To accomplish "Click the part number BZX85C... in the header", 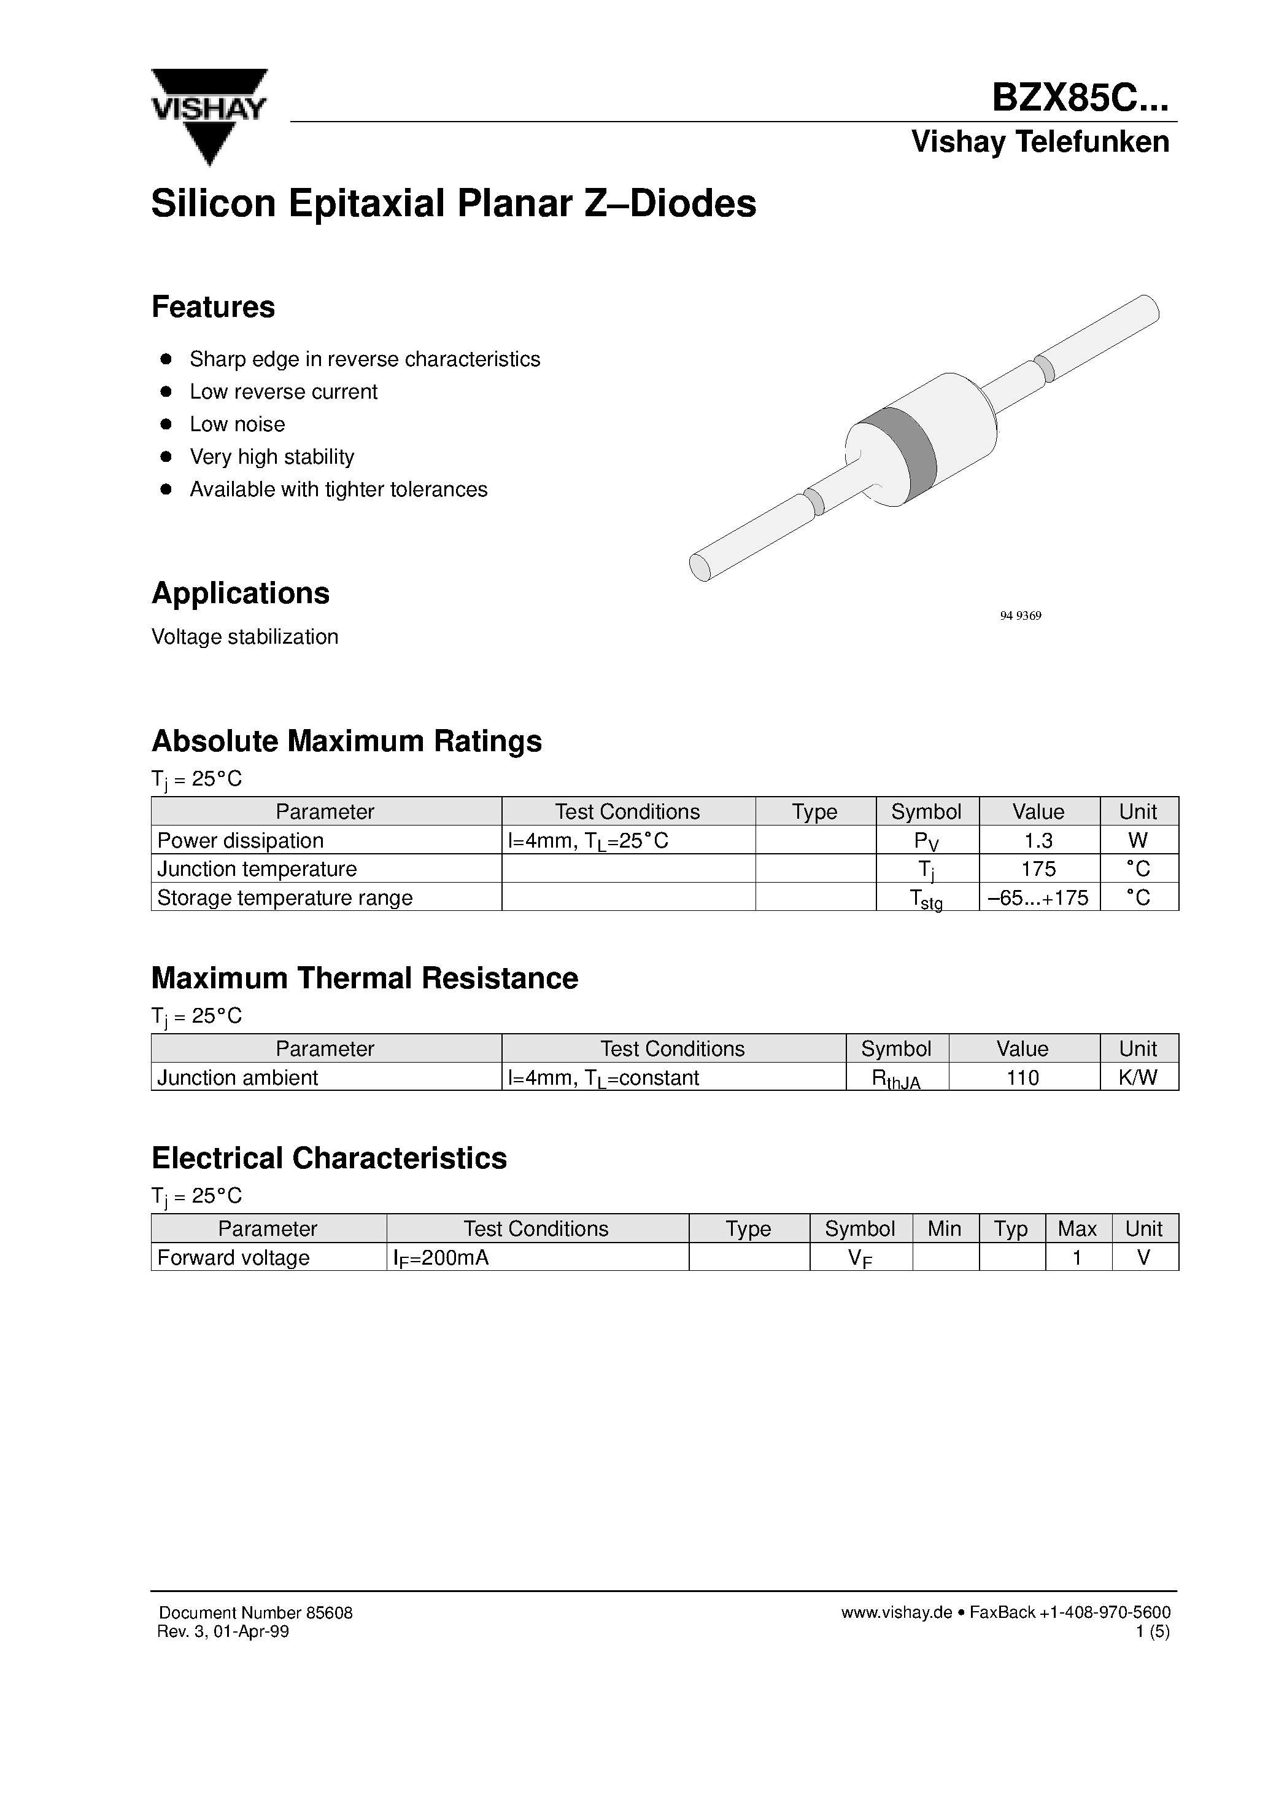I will click(1080, 100).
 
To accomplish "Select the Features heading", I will click(212, 306).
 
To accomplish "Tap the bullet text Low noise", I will click(237, 424).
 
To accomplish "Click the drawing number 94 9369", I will click(1020, 615).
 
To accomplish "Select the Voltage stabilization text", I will click(245, 637).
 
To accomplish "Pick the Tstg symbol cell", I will click(926, 899).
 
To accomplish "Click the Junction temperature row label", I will click(257, 869).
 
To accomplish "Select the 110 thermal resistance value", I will click(1022, 1077).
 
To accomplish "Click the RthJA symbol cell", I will click(896, 1079).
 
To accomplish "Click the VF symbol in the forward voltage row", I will click(859, 1258).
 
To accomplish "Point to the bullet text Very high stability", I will click(271, 457).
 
